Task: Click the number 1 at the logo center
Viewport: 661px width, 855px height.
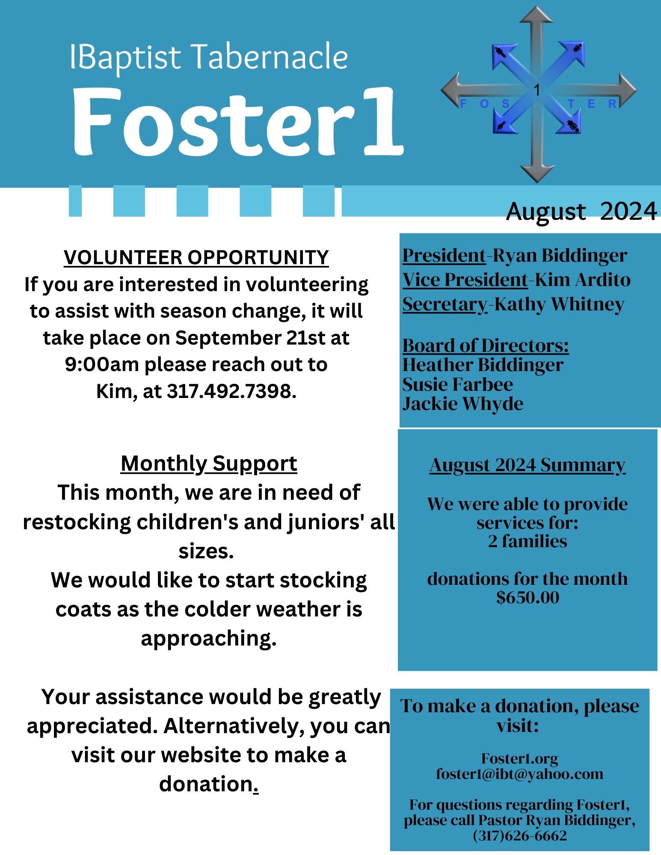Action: tap(537, 90)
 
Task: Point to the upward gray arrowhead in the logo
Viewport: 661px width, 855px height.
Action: tap(538, 15)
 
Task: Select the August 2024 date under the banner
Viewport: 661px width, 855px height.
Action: tap(581, 211)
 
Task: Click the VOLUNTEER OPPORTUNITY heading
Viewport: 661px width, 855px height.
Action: tap(196, 257)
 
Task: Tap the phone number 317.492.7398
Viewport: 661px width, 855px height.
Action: tap(231, 391)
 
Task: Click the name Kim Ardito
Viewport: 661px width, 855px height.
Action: tap(583, 280)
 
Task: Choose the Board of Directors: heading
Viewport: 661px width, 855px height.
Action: tap(486, 345)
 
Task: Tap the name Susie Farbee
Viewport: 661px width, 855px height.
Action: tap(457, 384)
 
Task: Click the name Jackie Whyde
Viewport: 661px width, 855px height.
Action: tap(462, 404)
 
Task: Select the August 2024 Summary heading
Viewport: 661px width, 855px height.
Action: tap(528, 465)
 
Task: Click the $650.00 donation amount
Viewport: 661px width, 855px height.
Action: tap(528, 597)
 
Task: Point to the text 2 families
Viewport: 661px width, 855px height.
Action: tap(528, 541)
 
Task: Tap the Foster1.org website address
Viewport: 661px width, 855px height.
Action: tap(519, 759)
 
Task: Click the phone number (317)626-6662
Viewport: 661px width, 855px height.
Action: tap(519, 835)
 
